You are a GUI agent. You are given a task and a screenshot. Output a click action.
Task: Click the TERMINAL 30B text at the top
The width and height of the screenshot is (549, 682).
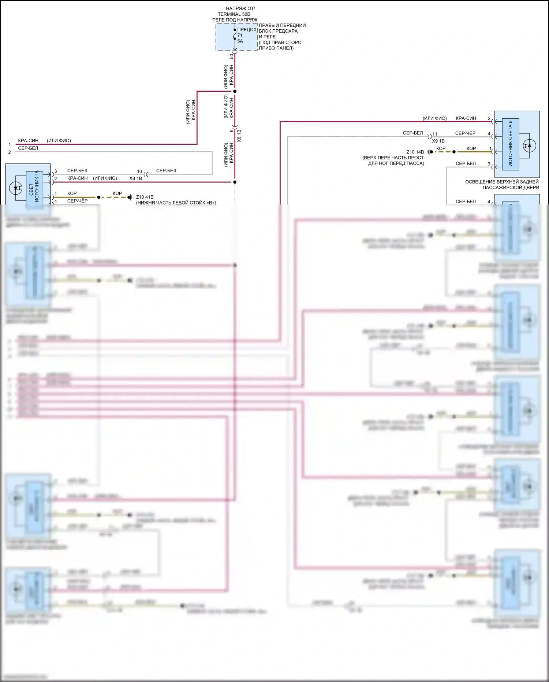click(234, 14)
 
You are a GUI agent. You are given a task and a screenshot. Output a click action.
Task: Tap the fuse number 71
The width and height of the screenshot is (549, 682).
click(240, 36)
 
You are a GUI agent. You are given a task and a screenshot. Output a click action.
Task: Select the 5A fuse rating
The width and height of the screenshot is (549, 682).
click(240, 41)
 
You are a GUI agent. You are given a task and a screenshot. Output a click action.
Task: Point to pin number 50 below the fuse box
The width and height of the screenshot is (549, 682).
click(231, 56)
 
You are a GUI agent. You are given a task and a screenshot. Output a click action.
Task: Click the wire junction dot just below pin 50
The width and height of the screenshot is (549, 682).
click(235, 91)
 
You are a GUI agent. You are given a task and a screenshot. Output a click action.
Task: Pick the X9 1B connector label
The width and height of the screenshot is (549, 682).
click(438, 141)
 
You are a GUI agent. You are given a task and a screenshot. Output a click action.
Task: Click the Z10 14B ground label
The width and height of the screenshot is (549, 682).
click(415, 152)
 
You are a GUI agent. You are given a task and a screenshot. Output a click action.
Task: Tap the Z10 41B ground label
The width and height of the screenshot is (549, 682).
click(145, 197)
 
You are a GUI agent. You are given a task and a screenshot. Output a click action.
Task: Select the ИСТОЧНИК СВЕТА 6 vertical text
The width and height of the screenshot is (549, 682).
click(510, 143)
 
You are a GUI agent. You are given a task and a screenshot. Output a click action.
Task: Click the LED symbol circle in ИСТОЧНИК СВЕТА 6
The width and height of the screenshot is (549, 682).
click(529, 145)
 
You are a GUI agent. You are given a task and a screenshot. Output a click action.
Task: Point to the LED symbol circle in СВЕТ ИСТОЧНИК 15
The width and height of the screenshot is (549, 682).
click(15, 188)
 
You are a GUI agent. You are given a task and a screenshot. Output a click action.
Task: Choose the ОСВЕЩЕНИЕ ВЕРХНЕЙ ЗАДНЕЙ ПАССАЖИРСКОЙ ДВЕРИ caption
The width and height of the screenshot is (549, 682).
click(502, 185)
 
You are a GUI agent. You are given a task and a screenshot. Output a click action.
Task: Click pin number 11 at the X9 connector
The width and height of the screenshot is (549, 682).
click(435, 134)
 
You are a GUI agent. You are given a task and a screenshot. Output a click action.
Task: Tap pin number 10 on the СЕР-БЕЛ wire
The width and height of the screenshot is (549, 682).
click(139, 172)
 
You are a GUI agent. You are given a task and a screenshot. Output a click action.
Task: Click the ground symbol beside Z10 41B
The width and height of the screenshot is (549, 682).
click(131, 197)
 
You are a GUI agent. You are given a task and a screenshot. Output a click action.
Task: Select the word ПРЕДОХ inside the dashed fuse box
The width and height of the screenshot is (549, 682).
click(247, 30)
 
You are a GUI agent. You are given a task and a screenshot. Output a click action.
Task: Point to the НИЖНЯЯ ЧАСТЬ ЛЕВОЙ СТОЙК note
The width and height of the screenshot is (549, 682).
click(176, 203)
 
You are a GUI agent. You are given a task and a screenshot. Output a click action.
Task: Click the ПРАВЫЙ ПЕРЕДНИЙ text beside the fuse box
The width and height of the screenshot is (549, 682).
click(282, 25)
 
